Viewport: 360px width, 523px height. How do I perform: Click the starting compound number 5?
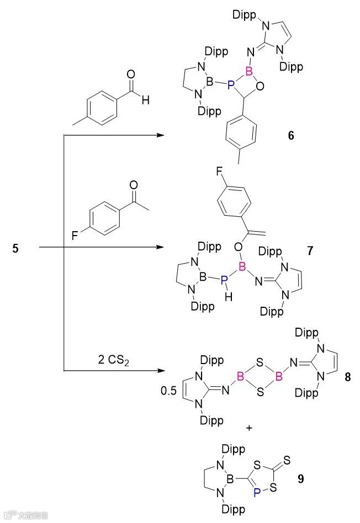pyautogui.click(x=15, y=249)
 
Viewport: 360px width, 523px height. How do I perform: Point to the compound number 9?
pyautogui.click(x=300, y=478)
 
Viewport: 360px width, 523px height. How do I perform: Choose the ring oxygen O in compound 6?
pyautogui.click(x=267, y=86)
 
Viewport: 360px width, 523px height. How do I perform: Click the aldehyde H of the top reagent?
pyautogui.click(x=145, y=100)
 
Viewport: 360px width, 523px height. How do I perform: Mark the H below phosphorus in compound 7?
pyautogui.click(x=228, y=298)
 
